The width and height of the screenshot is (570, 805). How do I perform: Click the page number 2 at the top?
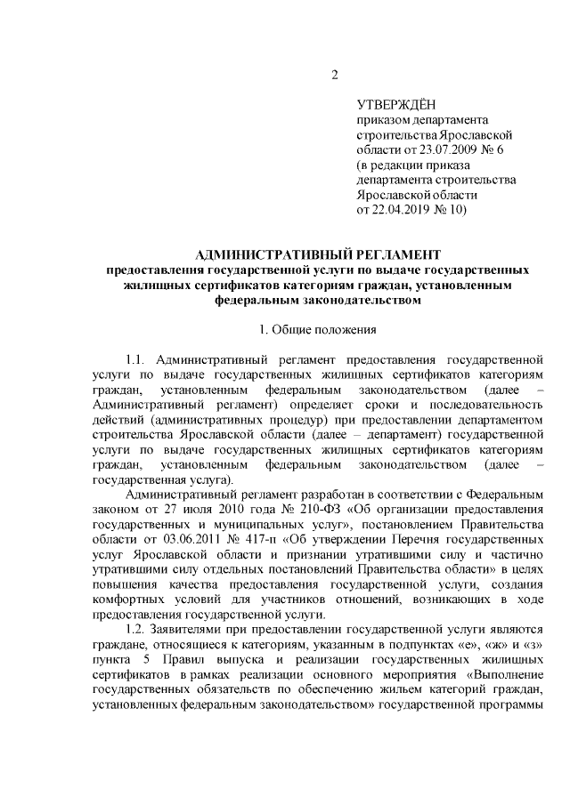[x=335, y=75]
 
